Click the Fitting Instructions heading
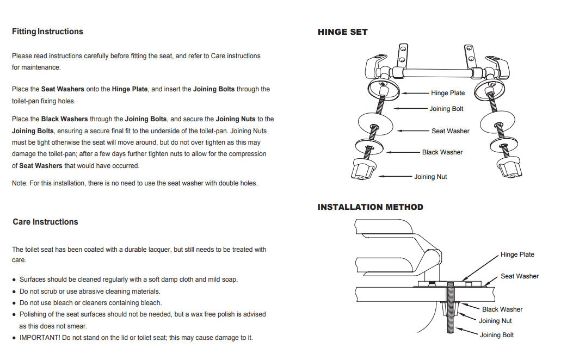coord(47,32)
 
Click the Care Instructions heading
coord(45,222)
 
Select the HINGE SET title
coord(342,32)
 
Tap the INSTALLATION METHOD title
coord(370,207)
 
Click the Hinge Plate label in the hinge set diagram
coord(447,93)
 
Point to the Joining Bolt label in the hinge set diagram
coord(446,109)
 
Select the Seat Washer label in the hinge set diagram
coord(450,131)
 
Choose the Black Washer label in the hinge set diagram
coord(442,152)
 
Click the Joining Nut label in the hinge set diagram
coord(430,177)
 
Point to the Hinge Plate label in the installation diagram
coord(517,255)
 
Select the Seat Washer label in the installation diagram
coord(519,276)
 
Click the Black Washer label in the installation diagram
coord(502,309)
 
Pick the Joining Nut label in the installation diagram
coord(495,321)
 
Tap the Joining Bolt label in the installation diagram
coord(496,335)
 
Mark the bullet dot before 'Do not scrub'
coord(14,291)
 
